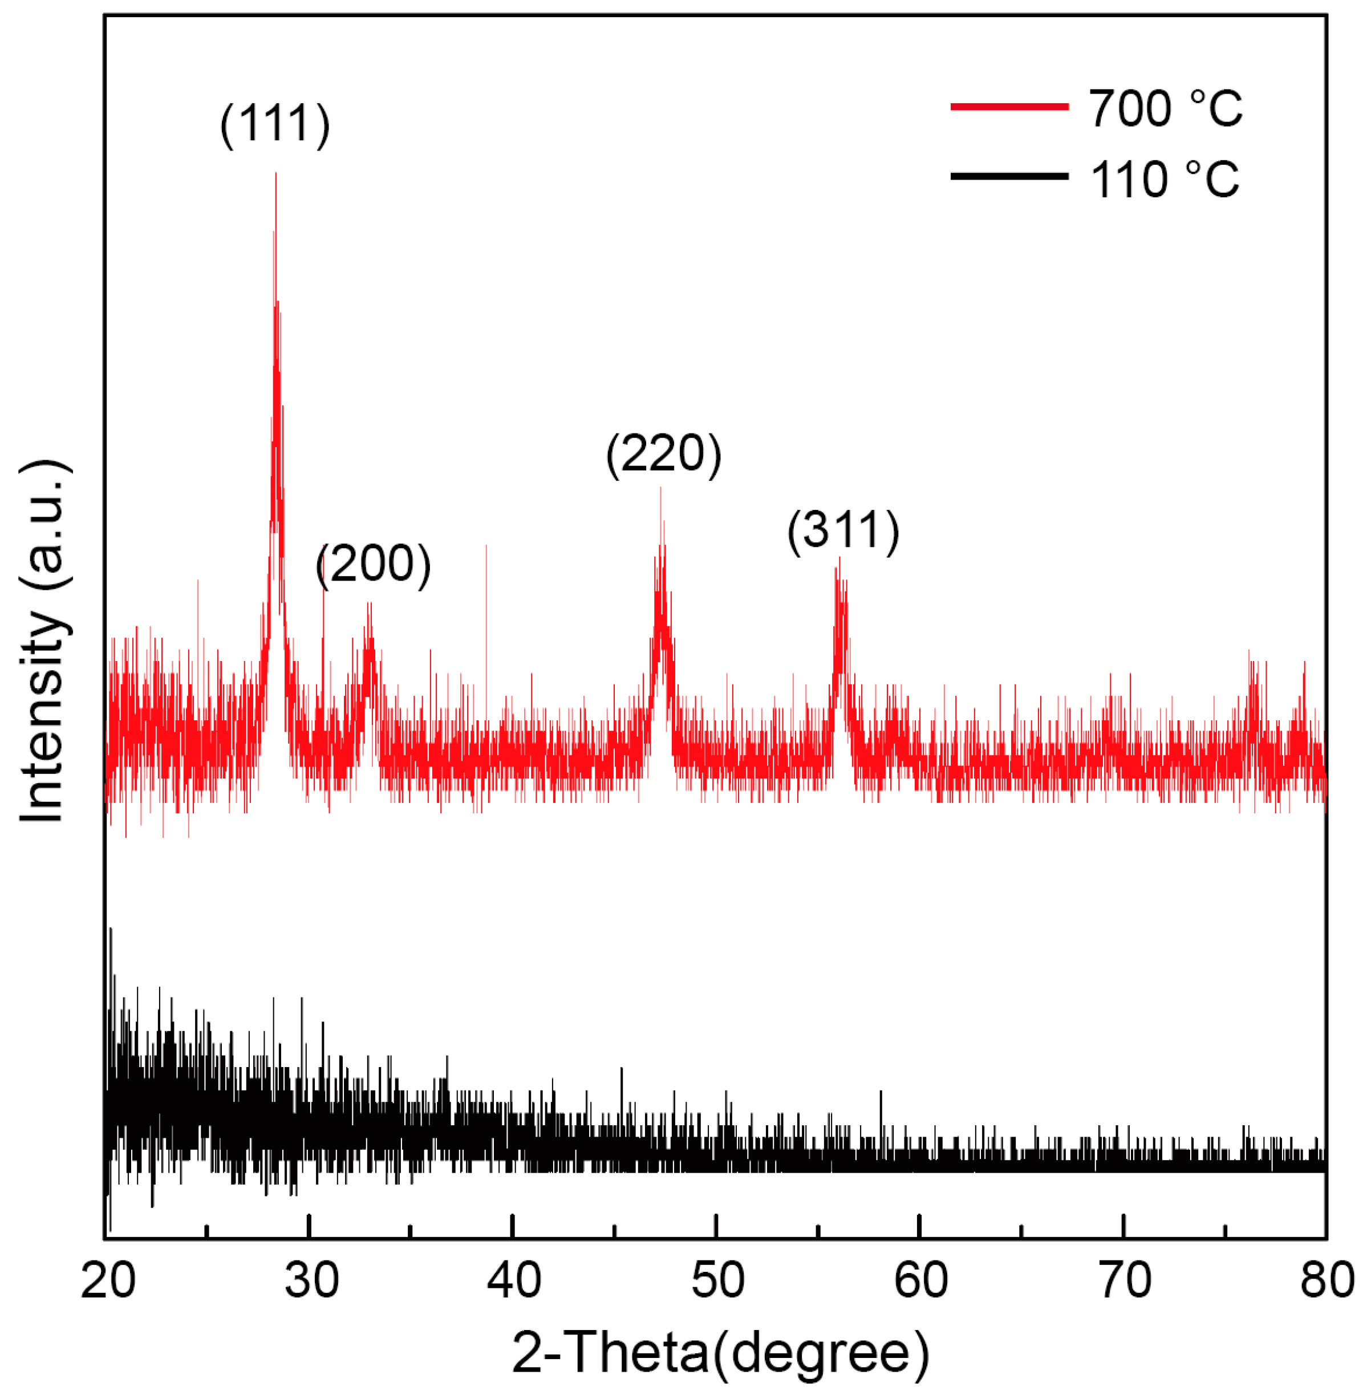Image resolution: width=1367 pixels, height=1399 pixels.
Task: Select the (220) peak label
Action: click(x=663, y=454)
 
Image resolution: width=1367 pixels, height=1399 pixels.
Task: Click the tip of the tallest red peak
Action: click(x=275, y=174)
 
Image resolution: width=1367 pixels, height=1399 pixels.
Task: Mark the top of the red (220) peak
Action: click(x=660, y=488)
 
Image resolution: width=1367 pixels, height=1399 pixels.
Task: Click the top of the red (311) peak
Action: click(x=838, y=558)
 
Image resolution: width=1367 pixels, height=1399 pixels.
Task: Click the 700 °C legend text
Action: click(x=1165, y=108)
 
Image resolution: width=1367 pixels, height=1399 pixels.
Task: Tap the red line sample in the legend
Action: click(x=1009, y=107)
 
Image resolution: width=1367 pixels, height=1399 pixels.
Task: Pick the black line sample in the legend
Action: click(x=1009, y=177)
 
